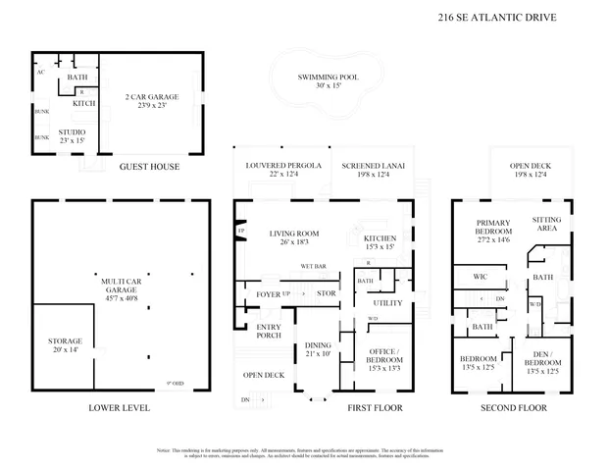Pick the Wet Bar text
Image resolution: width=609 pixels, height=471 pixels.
pos(314,266)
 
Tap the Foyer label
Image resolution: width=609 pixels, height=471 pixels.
pos(268,293)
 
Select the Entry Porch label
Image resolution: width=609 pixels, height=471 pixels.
pos(269,331)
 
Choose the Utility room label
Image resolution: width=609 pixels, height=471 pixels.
pos(388,303)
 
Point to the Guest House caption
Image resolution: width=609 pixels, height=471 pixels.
pos(149,167)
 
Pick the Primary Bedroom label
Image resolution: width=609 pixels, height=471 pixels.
pos(493,232)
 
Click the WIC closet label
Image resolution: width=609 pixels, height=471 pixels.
pos(481,278)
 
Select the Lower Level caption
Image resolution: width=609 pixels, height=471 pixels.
pos(119,407)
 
